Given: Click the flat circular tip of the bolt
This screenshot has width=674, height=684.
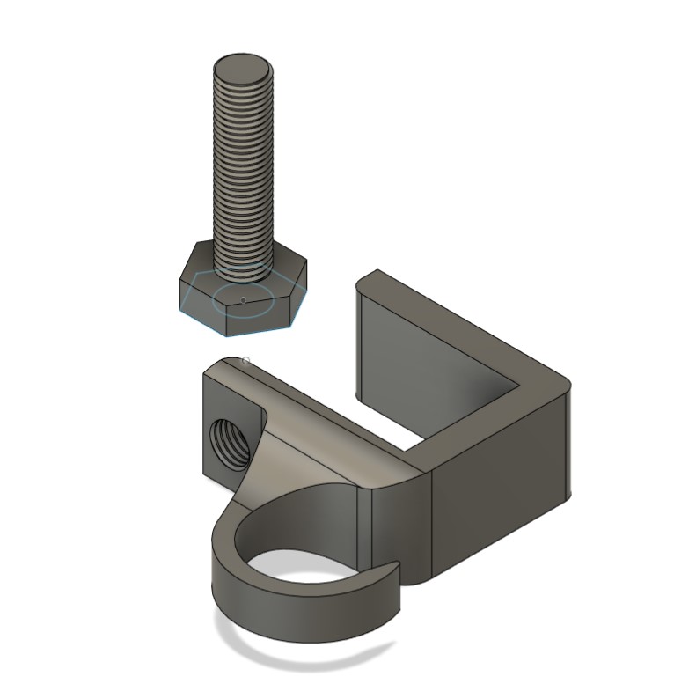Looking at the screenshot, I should pyautogui.click(x=243, y=68).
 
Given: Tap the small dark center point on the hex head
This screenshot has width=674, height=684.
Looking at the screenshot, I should pyautogui.click(x=243, y=300).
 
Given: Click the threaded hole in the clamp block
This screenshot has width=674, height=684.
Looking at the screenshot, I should pyautogui.click(x=228, y=438).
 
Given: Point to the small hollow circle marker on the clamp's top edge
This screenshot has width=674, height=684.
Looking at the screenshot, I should pyautogui.click(x=245, y=360).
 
